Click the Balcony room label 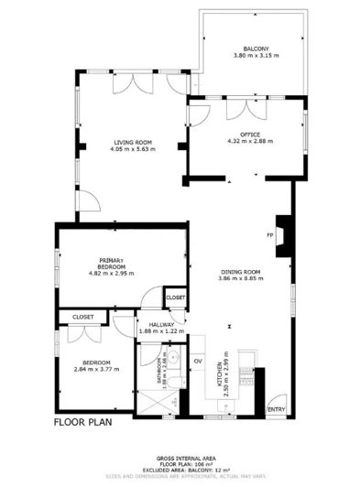click(256, 49)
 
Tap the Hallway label click(151, 324)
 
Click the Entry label click(276, 408)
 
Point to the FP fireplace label click(270, 235)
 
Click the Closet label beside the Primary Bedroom click(175, 298)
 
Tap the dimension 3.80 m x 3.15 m click(256, 57)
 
